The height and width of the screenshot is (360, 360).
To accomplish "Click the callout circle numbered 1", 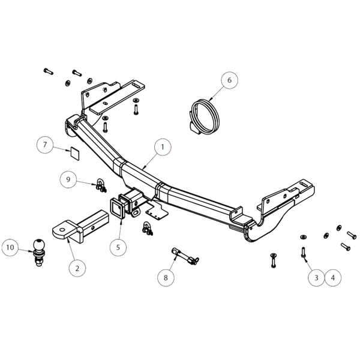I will pyautogui.click(x=161, y=146).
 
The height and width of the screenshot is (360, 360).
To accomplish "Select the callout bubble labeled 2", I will pyautogui.click(x=77, y=268).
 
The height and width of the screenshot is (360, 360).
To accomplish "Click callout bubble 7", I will pyautogui.click(x=44, y=145).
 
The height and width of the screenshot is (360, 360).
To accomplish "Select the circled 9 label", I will pyautogui.click(x=68, y=179).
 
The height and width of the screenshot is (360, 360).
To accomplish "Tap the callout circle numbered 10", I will pyautogui.click(x=10, y=247).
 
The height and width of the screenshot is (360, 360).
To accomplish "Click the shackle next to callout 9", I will pyautogui.click(x=98, y=183).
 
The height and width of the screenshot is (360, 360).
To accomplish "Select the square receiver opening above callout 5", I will pyautogui.click(x=115, y=208).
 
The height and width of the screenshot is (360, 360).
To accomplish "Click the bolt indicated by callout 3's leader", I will pyautogui.click(x=302, y=247).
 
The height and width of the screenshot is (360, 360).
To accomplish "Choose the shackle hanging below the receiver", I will pyautogui.click(x=146, y=227).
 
